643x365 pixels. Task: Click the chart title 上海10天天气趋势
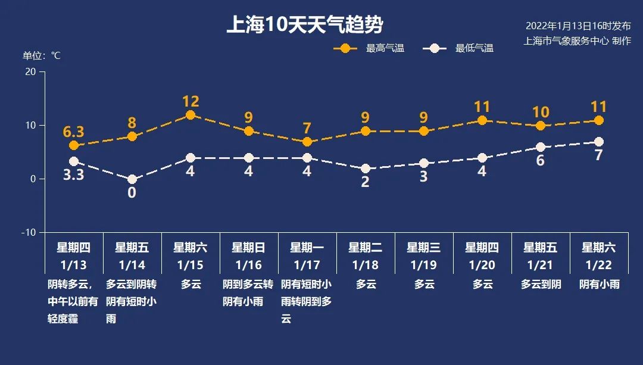[304, 25]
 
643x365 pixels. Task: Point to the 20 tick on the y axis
[30, 71]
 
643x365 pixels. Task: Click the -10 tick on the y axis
[29, 232]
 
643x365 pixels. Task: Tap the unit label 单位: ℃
[42, 55]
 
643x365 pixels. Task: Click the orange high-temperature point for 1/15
[191, 115]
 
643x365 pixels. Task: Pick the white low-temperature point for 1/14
[132, 179]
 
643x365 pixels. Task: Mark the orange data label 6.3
[74, 131]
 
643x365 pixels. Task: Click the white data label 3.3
[74, 176]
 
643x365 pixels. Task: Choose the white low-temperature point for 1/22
[599, 142]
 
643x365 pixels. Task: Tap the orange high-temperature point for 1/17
[307, 142]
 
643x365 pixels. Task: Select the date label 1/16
[249, 264]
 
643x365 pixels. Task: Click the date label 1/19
[424, 264]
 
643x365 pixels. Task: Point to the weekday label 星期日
[249, 248]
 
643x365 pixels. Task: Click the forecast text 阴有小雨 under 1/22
[599, 285]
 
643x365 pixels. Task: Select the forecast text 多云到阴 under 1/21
[541, 285]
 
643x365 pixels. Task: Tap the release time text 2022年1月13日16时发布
[578, 26]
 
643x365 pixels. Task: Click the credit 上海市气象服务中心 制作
[576, 41]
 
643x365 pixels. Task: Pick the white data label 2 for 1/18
[366, 182]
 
